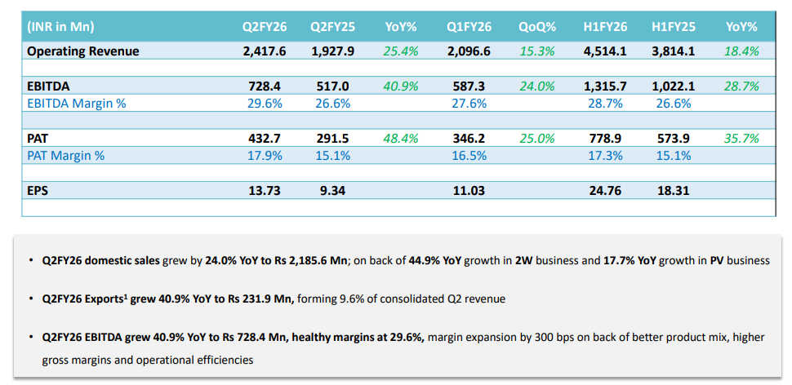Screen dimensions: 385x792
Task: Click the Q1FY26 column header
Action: click(469, 27)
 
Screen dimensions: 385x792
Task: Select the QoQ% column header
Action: click(536, 27)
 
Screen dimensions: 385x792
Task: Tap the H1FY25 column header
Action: click(674, 27)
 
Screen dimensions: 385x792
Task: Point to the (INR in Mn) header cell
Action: click(60, 27)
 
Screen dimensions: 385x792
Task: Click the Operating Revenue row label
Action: click(83, 51)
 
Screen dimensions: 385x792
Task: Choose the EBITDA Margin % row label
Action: click(77, 104)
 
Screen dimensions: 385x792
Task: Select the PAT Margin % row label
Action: click(65, 156)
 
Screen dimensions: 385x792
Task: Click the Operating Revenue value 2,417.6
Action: click(265, 51)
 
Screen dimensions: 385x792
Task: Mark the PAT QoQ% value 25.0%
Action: click(536, 139)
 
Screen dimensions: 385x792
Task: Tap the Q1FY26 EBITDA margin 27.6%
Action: click(469, 104)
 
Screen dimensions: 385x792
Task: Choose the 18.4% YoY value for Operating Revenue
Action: click(741, 51)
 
